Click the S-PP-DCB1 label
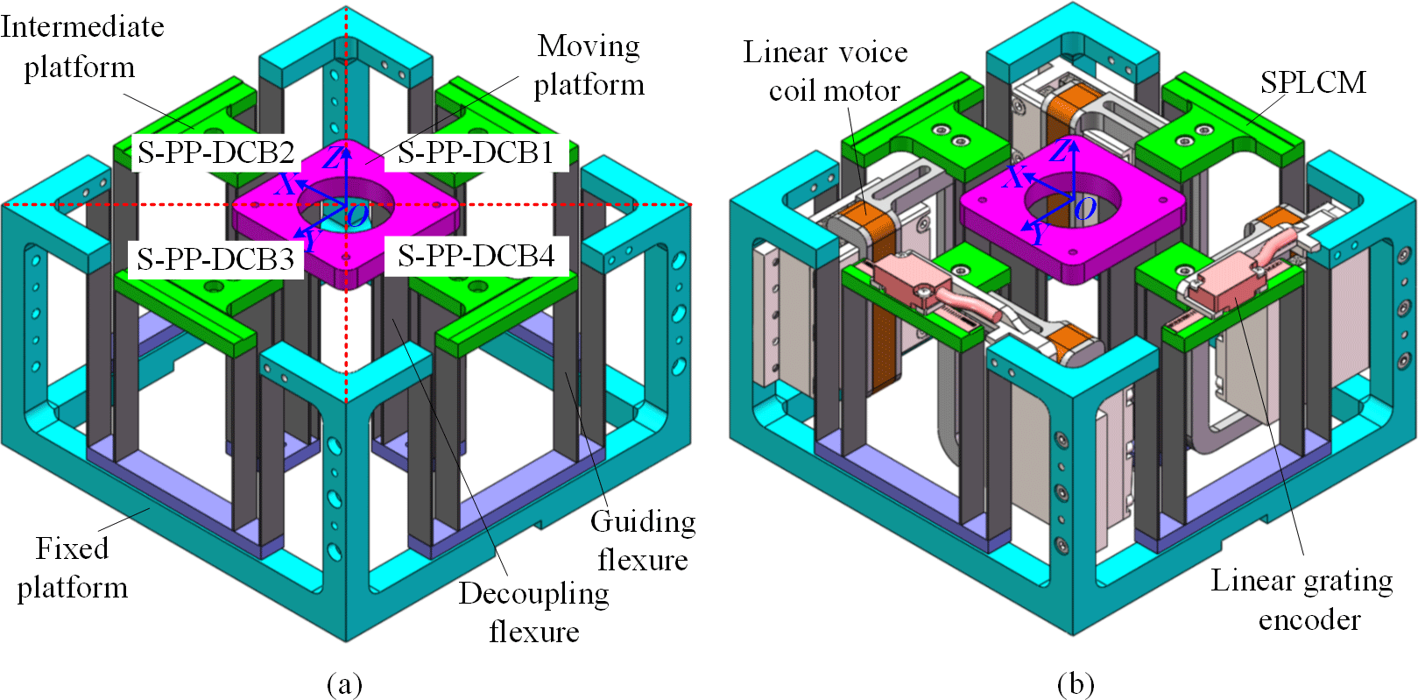pos(476,153)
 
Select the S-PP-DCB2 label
pos(215,153)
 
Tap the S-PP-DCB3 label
pos(215,259)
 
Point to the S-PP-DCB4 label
pos(476,257)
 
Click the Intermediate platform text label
pos(81,46)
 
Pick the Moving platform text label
pos(589,65)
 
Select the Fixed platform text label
pos(72,568)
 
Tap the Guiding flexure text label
pos(643,541)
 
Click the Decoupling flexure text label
pos(533,612)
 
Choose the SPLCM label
pos(1313,82)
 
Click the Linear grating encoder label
pos(1302,600)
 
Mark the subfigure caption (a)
pos(344,683)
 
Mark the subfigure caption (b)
pos(1076,683)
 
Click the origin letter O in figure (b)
pos(1084,209)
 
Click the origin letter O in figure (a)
pos(356,215)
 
